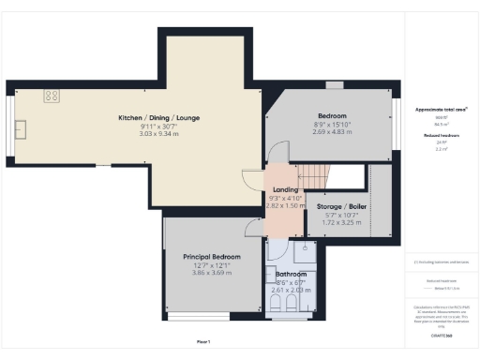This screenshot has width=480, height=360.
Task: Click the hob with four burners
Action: pos(52,95)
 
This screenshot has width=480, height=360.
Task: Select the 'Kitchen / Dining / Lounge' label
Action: pos(158,117)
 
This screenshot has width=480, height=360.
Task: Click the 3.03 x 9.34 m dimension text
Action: pos(158,134)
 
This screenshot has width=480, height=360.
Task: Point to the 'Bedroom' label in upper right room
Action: pos(330,115)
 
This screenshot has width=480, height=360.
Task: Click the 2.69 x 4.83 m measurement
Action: pos(330,132)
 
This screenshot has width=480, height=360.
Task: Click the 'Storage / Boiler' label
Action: pos(341,206)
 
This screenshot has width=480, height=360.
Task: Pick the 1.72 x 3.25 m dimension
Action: pos(341,223)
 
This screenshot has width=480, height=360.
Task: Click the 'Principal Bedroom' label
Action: pos(211,256)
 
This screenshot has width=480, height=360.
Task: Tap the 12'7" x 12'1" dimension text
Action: pos(211,264)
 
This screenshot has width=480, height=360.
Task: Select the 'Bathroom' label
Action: pos(290,274)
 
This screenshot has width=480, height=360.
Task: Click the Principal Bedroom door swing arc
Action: pos(253,226)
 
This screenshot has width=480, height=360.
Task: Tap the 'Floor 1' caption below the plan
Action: pos(203,341)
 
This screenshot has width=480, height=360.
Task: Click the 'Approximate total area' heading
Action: pos(441,109)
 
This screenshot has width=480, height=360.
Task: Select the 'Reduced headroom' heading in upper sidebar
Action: pos(441,135)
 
